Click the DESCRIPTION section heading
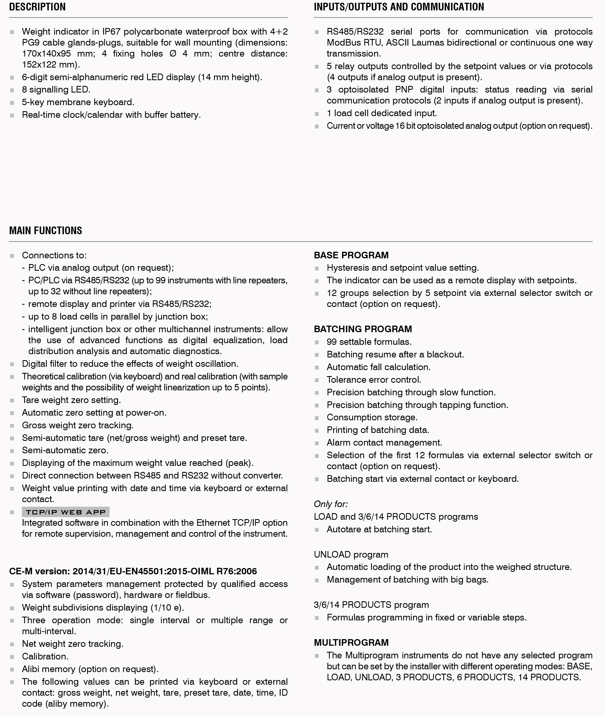37,7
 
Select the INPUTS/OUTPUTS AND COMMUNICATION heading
398,7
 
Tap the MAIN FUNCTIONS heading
46,230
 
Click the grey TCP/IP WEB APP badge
66,512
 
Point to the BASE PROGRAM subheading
351,255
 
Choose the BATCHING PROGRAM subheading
363,329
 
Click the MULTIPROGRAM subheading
351,642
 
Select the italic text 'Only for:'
331,504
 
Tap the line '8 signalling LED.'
56,90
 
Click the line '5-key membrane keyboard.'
78,102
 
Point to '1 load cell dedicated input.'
381,113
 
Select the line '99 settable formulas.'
369,342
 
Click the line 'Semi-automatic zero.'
65,450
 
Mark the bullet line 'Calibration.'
45,656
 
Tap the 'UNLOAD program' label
351,555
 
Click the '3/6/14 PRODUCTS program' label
371,605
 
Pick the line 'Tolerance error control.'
373,380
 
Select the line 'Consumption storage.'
372,417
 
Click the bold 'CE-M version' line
133,571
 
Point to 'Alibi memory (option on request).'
90,669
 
